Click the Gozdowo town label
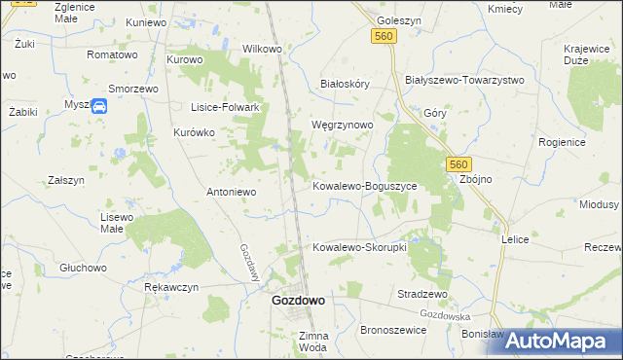pyautogui.click(x=297, y=301)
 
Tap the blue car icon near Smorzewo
pyautogui.click(x=99, y=107)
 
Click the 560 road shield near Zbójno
pyautogui.click(x=459, y=165)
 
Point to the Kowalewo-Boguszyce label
pyautogui.click(x=364, y=185)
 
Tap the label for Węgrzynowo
pyautogui.click(x=342, y=126)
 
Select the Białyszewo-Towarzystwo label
pyautogui.click(x=464, y=80)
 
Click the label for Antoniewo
pyautogui.click(x=231, y=192)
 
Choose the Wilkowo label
pyautogui.click(x=262, y=49)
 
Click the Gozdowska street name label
pyautogui.click(x=446, y=315)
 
